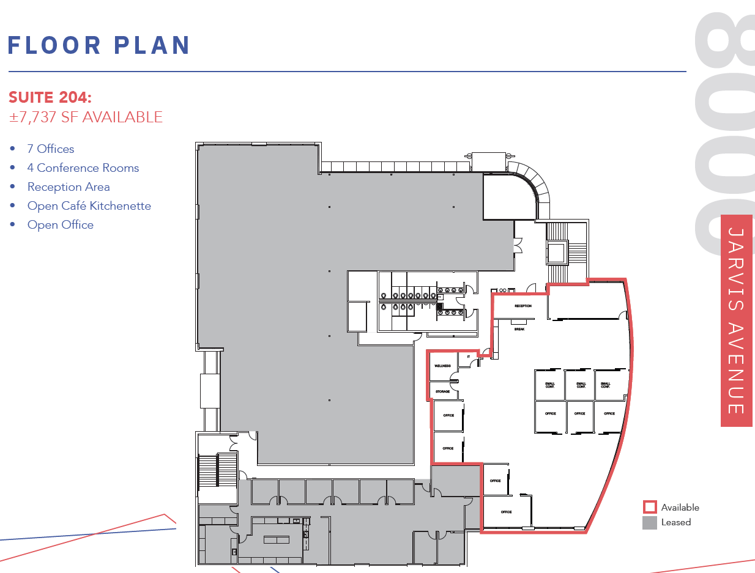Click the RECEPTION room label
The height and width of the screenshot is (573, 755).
coord(523,306)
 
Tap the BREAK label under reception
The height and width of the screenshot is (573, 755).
coord(519,329)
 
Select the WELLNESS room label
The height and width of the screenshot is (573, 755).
coord(442,366)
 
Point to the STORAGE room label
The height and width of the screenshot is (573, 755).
coord(442,391)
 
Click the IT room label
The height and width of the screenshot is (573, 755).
coord(468,357)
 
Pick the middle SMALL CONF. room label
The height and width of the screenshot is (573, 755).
coord(580,385)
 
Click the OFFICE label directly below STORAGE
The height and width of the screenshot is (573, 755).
coord(448,415)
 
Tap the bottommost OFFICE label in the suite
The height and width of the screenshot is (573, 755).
coord(506,512)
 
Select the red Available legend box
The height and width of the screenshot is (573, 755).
coord(649,507)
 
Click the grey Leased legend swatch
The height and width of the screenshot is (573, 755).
coord(649,522)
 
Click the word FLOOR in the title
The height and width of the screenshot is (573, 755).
coord(54,45)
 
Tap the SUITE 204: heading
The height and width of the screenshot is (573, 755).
coord(50,98)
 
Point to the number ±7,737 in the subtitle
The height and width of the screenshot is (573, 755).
coord(31,117)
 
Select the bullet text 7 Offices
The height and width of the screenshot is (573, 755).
coord(51,149)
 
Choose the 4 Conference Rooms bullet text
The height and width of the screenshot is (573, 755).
coord(83,168)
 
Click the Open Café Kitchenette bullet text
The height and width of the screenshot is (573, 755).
coord(89,205)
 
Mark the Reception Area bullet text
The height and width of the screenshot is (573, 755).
coord(69,187)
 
